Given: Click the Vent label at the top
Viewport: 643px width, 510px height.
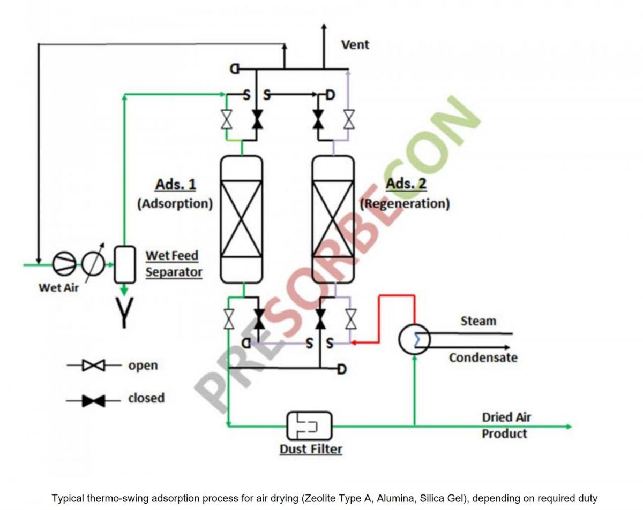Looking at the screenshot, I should click(355, 44).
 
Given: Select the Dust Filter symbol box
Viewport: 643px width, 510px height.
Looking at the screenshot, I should click(309, 425).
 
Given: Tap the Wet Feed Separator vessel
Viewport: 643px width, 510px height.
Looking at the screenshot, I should click(124, 264).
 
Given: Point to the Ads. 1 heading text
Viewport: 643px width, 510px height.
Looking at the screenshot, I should click(175, 185).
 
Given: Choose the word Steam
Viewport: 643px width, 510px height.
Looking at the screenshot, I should click(478, 321).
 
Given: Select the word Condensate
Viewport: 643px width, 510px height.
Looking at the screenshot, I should click(483, 357).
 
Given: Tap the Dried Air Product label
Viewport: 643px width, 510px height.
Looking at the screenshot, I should click(506, 425).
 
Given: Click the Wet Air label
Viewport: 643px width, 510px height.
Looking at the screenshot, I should click(58, 288).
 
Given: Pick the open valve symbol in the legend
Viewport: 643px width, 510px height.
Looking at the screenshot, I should click(94, 366).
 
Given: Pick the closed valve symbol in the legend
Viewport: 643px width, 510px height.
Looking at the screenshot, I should click(94, 400).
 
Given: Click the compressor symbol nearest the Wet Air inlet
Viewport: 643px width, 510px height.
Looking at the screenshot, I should click(65, 264).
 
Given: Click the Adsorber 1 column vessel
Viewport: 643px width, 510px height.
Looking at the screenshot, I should click(242, 219).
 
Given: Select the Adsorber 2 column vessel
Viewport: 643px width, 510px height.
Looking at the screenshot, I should click(333, 219).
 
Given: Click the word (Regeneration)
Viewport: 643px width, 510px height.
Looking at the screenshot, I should click(405, 204).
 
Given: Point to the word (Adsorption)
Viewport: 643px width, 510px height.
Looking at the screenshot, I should click(175, 204).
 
